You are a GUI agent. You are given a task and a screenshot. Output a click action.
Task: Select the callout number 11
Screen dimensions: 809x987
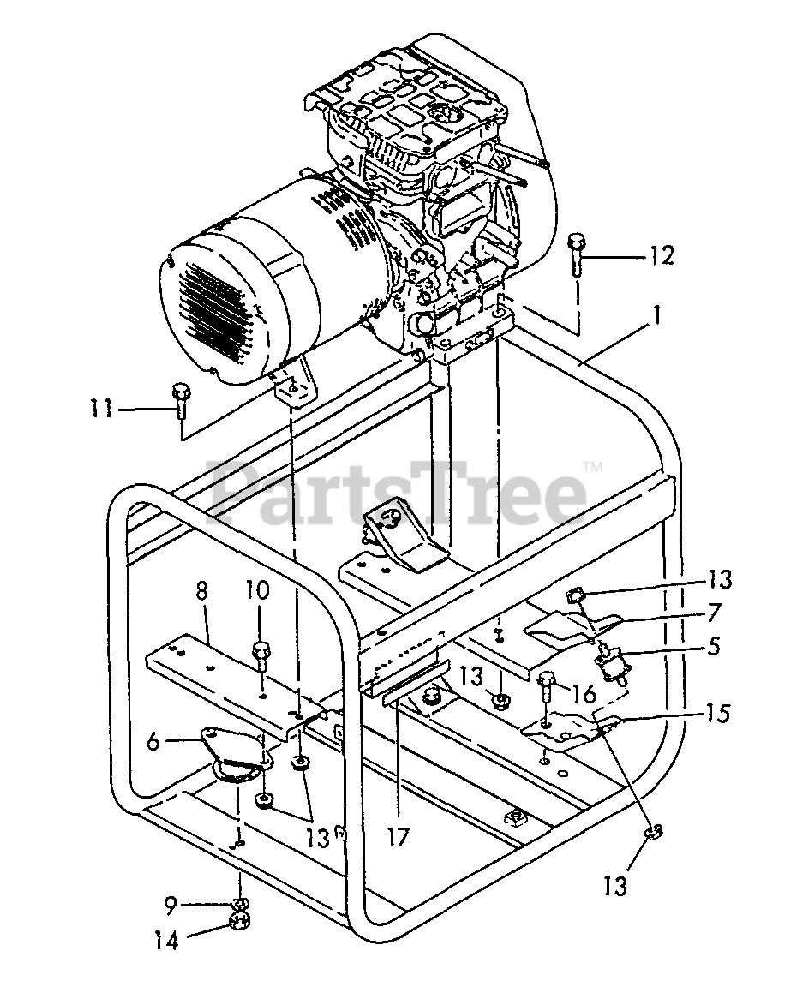103,409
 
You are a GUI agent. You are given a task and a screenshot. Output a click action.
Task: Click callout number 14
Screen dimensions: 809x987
167,941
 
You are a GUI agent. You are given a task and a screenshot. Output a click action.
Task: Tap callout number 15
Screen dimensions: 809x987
718,713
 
